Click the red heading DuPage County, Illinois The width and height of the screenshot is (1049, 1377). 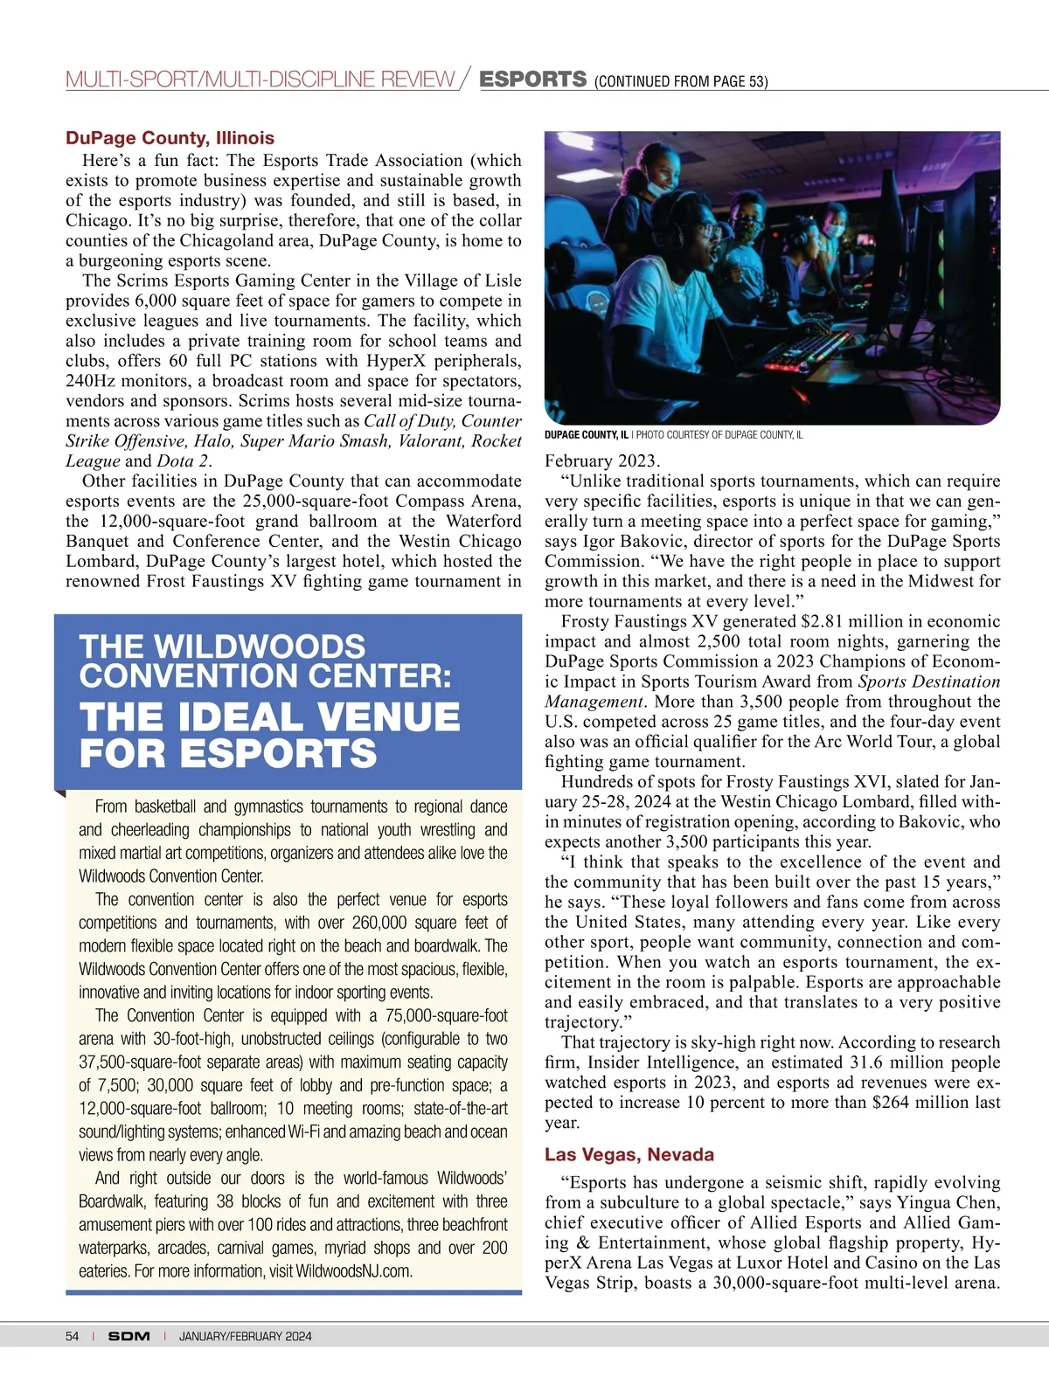(170, 138)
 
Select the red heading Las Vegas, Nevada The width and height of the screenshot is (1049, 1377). (629, 1154)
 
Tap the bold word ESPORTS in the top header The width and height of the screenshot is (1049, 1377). (533, 79)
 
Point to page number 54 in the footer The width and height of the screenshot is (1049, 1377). (72, 1336)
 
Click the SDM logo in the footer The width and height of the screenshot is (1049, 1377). (129, 1336)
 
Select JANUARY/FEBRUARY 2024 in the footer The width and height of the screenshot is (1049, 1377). (245, 1336)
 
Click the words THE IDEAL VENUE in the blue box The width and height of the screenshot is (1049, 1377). (269, 716)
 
